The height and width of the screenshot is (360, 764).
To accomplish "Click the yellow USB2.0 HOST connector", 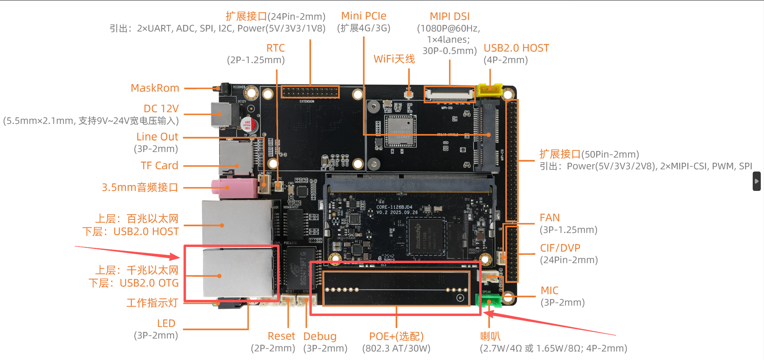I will pyautogui.click(x=489, y=90).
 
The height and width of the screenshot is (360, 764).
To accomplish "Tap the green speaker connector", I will pyautogui.click(x=488, y=301).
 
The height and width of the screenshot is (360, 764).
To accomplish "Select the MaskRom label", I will pyautogui.click(x=155, y=88).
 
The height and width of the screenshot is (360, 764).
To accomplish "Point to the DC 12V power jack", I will pyautogui.click(x=221, y=114).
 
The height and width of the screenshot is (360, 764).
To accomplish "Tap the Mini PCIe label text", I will pyautogui.click(x=363, y=16).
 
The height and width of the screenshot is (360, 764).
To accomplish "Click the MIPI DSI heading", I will pyautogui.click(x=449, y=16).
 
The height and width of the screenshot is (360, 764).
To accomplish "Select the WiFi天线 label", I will pyautogui.click(x=394, y=59).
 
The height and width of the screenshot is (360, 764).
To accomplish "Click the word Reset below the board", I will pyautogui.click(x=281, y=336).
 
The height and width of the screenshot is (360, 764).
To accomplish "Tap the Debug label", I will pyautogui.click(x=319, y=336).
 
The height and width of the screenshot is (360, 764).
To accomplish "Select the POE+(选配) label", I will pyautogui.click(x=396, y=336).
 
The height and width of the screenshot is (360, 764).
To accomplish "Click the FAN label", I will pyautogui.click(x=549, y=218).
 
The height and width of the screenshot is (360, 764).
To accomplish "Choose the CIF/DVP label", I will pyautogui.click(x=560, y=248).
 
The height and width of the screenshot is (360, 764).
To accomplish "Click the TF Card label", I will pyautogui.click(x=159, y=165).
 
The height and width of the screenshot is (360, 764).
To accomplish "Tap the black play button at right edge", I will pyautogui.click(x=756, y=181).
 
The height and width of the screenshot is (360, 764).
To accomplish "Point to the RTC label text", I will pyautogui.click(x=276, y=48).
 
